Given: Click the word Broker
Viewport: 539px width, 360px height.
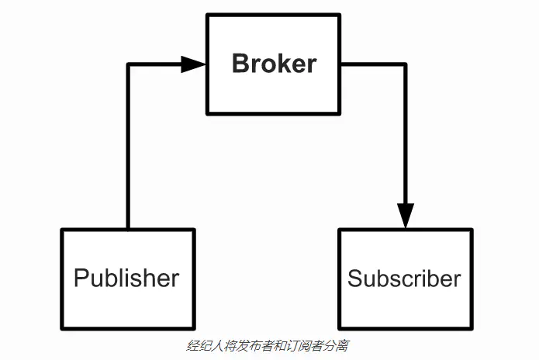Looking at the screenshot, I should [x=274, y=63].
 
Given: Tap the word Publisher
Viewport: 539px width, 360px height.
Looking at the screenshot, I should [x=126, y=278].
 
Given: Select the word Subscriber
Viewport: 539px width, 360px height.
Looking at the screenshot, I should [x=404, y=279].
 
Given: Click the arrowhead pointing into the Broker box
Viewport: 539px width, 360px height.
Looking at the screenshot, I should [x=194, y=64].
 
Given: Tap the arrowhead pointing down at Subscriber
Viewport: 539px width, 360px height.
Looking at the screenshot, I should [x=406, y=216].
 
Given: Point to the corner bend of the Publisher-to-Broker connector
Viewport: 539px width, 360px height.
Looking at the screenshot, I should [x=128, y=64].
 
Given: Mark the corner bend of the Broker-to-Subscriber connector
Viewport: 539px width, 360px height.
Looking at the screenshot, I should [x=406, y=64].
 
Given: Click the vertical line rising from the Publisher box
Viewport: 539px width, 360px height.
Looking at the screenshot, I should [x=128, y=147].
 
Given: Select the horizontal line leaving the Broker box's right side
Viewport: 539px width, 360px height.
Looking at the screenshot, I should [x=372, y=64].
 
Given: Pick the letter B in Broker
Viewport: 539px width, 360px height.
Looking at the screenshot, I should [x=241, y=63].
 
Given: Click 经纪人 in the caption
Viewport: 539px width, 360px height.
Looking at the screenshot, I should [x=202, y=344].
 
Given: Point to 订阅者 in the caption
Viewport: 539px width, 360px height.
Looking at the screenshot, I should [x=300, y=344].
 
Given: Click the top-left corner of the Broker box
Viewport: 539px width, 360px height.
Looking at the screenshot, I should [x=207, y=14].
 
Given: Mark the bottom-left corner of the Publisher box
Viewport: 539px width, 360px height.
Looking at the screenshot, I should [x=63, y=327].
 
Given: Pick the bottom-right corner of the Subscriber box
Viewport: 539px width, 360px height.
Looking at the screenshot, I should [x=471, y=327].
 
